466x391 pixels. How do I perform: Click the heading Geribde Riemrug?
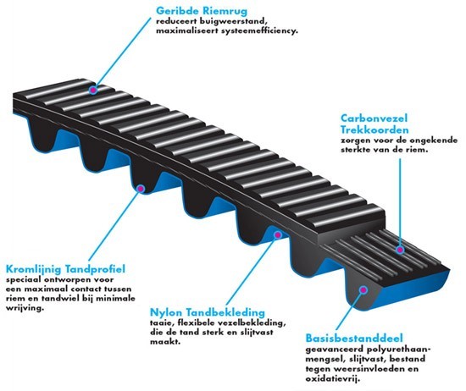pyautogui.click(x=202, y=11)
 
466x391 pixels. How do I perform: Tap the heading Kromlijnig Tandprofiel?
pyautogui.click(x=65, y=269)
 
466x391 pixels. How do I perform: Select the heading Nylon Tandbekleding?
pyautogui.click(x=207, y=312)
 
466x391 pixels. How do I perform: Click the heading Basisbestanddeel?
pyautogui.click(x=354, y=339)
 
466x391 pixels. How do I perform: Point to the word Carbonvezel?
pyautogui.click(x=374, y=118)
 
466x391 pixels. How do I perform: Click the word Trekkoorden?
pyautogui.click(x=374, y=129)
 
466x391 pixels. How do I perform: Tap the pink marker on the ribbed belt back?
pyautogui.click(x=93, y=90)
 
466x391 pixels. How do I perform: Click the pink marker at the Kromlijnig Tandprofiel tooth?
pyautogui.click(x=141, y=189)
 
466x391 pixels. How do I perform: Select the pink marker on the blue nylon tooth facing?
pyautogui.click(x=278, y=234)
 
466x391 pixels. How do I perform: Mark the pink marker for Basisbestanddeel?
pyautogui.click(x=363, y=289)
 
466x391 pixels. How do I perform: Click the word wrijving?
pyautogui.click(x=25, y=308)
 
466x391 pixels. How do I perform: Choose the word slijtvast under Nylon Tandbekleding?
pyautogui.click(x=257, y=333)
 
